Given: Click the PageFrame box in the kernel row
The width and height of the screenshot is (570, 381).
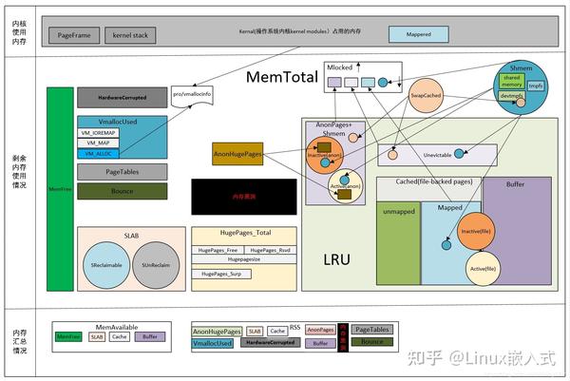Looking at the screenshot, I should pos(74,34).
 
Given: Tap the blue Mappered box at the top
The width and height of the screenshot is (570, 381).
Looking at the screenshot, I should pos(418,34).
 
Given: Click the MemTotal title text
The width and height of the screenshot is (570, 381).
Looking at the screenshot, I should pos(284,76).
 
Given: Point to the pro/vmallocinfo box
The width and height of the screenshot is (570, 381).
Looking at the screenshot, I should pos(190,95).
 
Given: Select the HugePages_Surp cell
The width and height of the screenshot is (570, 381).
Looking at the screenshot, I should pos(221,274).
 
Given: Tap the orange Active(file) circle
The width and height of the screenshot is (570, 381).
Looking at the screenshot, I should pos(483,269).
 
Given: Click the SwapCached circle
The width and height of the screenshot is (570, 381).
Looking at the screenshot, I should pos(425,97).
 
